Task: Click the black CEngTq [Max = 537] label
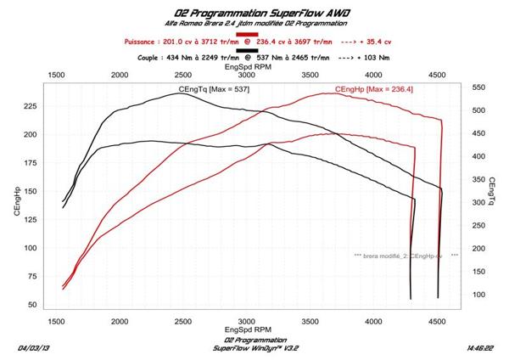(x=214, y=89)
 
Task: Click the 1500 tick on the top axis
(x=57, y=75)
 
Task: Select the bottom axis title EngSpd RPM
(x=248, y=330)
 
